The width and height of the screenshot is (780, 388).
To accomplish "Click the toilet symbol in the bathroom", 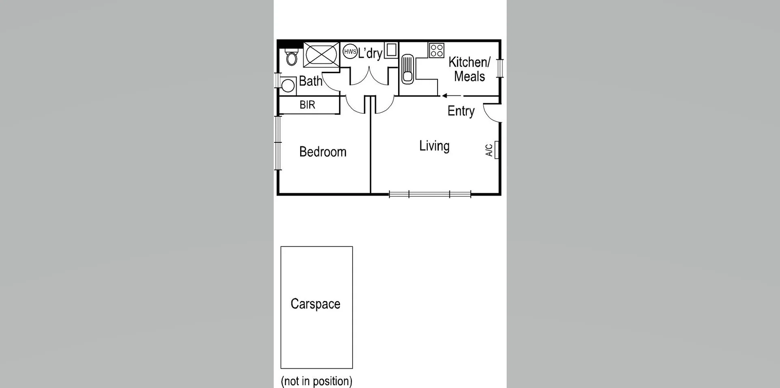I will [x=291, y=57].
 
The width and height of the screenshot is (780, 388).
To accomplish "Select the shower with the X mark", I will [x=321, y=54].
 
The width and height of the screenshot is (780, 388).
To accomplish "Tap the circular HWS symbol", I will [x=350, y=52].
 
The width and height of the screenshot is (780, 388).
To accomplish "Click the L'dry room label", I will [x=370, y=53].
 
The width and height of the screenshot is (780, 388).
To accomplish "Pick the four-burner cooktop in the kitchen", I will [x=437, y=50].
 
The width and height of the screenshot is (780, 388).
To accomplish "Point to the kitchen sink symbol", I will [x=407, y=70].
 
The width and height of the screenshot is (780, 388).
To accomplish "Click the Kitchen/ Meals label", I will [x=469, y=69].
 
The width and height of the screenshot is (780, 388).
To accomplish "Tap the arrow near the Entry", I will [x=451, y=96].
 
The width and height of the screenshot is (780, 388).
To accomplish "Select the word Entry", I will [x=461, y=111].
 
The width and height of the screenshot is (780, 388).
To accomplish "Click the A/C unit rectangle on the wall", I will [x=496, y=150].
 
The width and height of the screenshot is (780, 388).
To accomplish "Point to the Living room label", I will [x=434, y=146].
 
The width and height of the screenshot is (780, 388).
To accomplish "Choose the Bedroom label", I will [x=323, y=152].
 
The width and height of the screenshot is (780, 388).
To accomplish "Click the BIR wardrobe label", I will [x=307, y=105].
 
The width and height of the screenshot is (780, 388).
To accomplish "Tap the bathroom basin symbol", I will [x=288, y=86].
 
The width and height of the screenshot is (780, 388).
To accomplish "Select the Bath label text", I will [x=310, y=81].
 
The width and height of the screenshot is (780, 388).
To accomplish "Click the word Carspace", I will [x=315, y=304].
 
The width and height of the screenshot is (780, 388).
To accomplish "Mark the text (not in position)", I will [x=316, y=381].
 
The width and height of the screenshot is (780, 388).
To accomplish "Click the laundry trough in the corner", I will [x=391, y=50].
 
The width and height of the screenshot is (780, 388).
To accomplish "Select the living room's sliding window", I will [x=430, y=194].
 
